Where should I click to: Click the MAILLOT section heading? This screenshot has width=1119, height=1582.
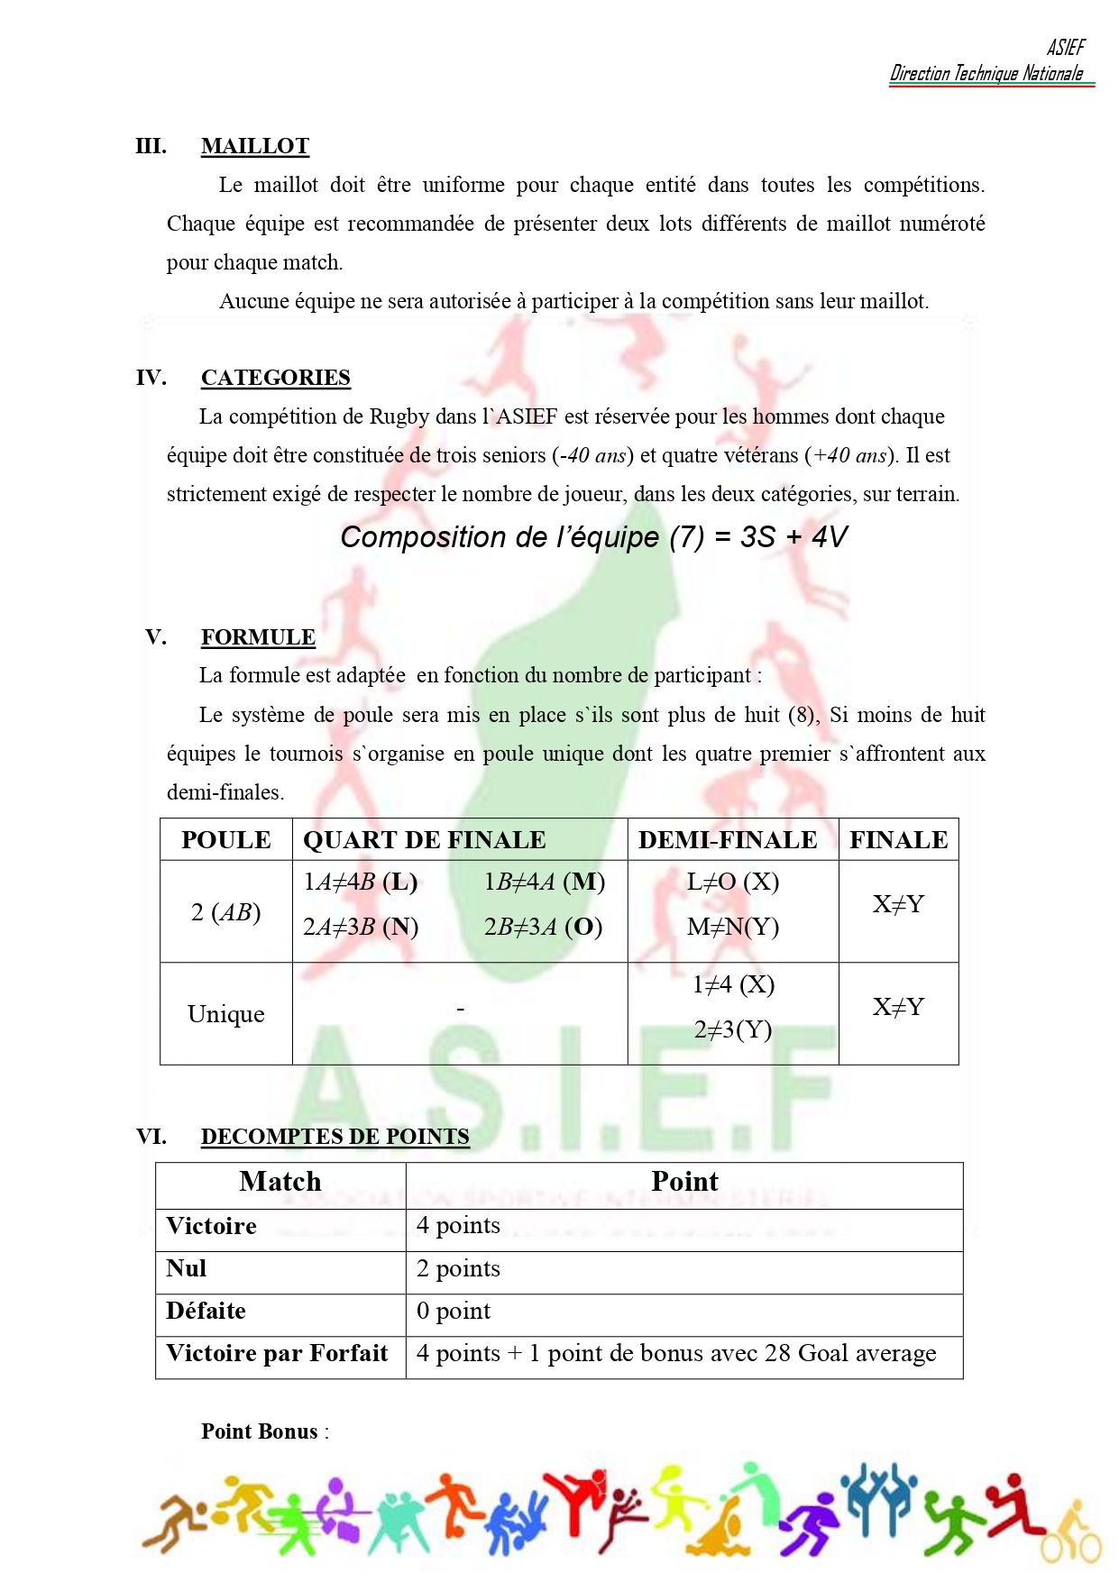point(254,146)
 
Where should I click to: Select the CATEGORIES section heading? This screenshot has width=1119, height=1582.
point(275,378)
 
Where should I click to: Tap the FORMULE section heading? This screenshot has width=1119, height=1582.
point(258,637)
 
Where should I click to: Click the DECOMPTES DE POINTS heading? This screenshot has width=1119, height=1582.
point(335,1137)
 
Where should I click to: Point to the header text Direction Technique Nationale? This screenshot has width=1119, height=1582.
point(986,74)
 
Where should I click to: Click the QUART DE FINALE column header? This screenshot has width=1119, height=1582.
point(424,840)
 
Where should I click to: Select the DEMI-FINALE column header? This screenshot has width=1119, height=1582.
point(728,840)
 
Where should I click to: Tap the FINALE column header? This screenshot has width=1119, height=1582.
point(898,840)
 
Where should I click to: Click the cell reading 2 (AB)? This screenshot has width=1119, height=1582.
point(225,912)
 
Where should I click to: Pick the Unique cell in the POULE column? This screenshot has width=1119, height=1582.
point(225,1014)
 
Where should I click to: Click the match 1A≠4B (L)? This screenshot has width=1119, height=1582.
point(360,882)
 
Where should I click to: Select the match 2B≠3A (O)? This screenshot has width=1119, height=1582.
point(543,927)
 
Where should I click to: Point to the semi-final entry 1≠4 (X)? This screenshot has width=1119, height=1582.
point(733,984)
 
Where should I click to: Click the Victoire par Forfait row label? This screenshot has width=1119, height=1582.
point(277,1353)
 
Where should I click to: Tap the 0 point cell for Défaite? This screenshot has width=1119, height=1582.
point(454,1311)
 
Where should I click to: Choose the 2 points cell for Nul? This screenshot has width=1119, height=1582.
point(458,1268)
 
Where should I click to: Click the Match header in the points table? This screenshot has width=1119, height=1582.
point(280,1182)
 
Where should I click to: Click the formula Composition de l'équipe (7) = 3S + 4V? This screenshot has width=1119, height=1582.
point(593,537)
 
